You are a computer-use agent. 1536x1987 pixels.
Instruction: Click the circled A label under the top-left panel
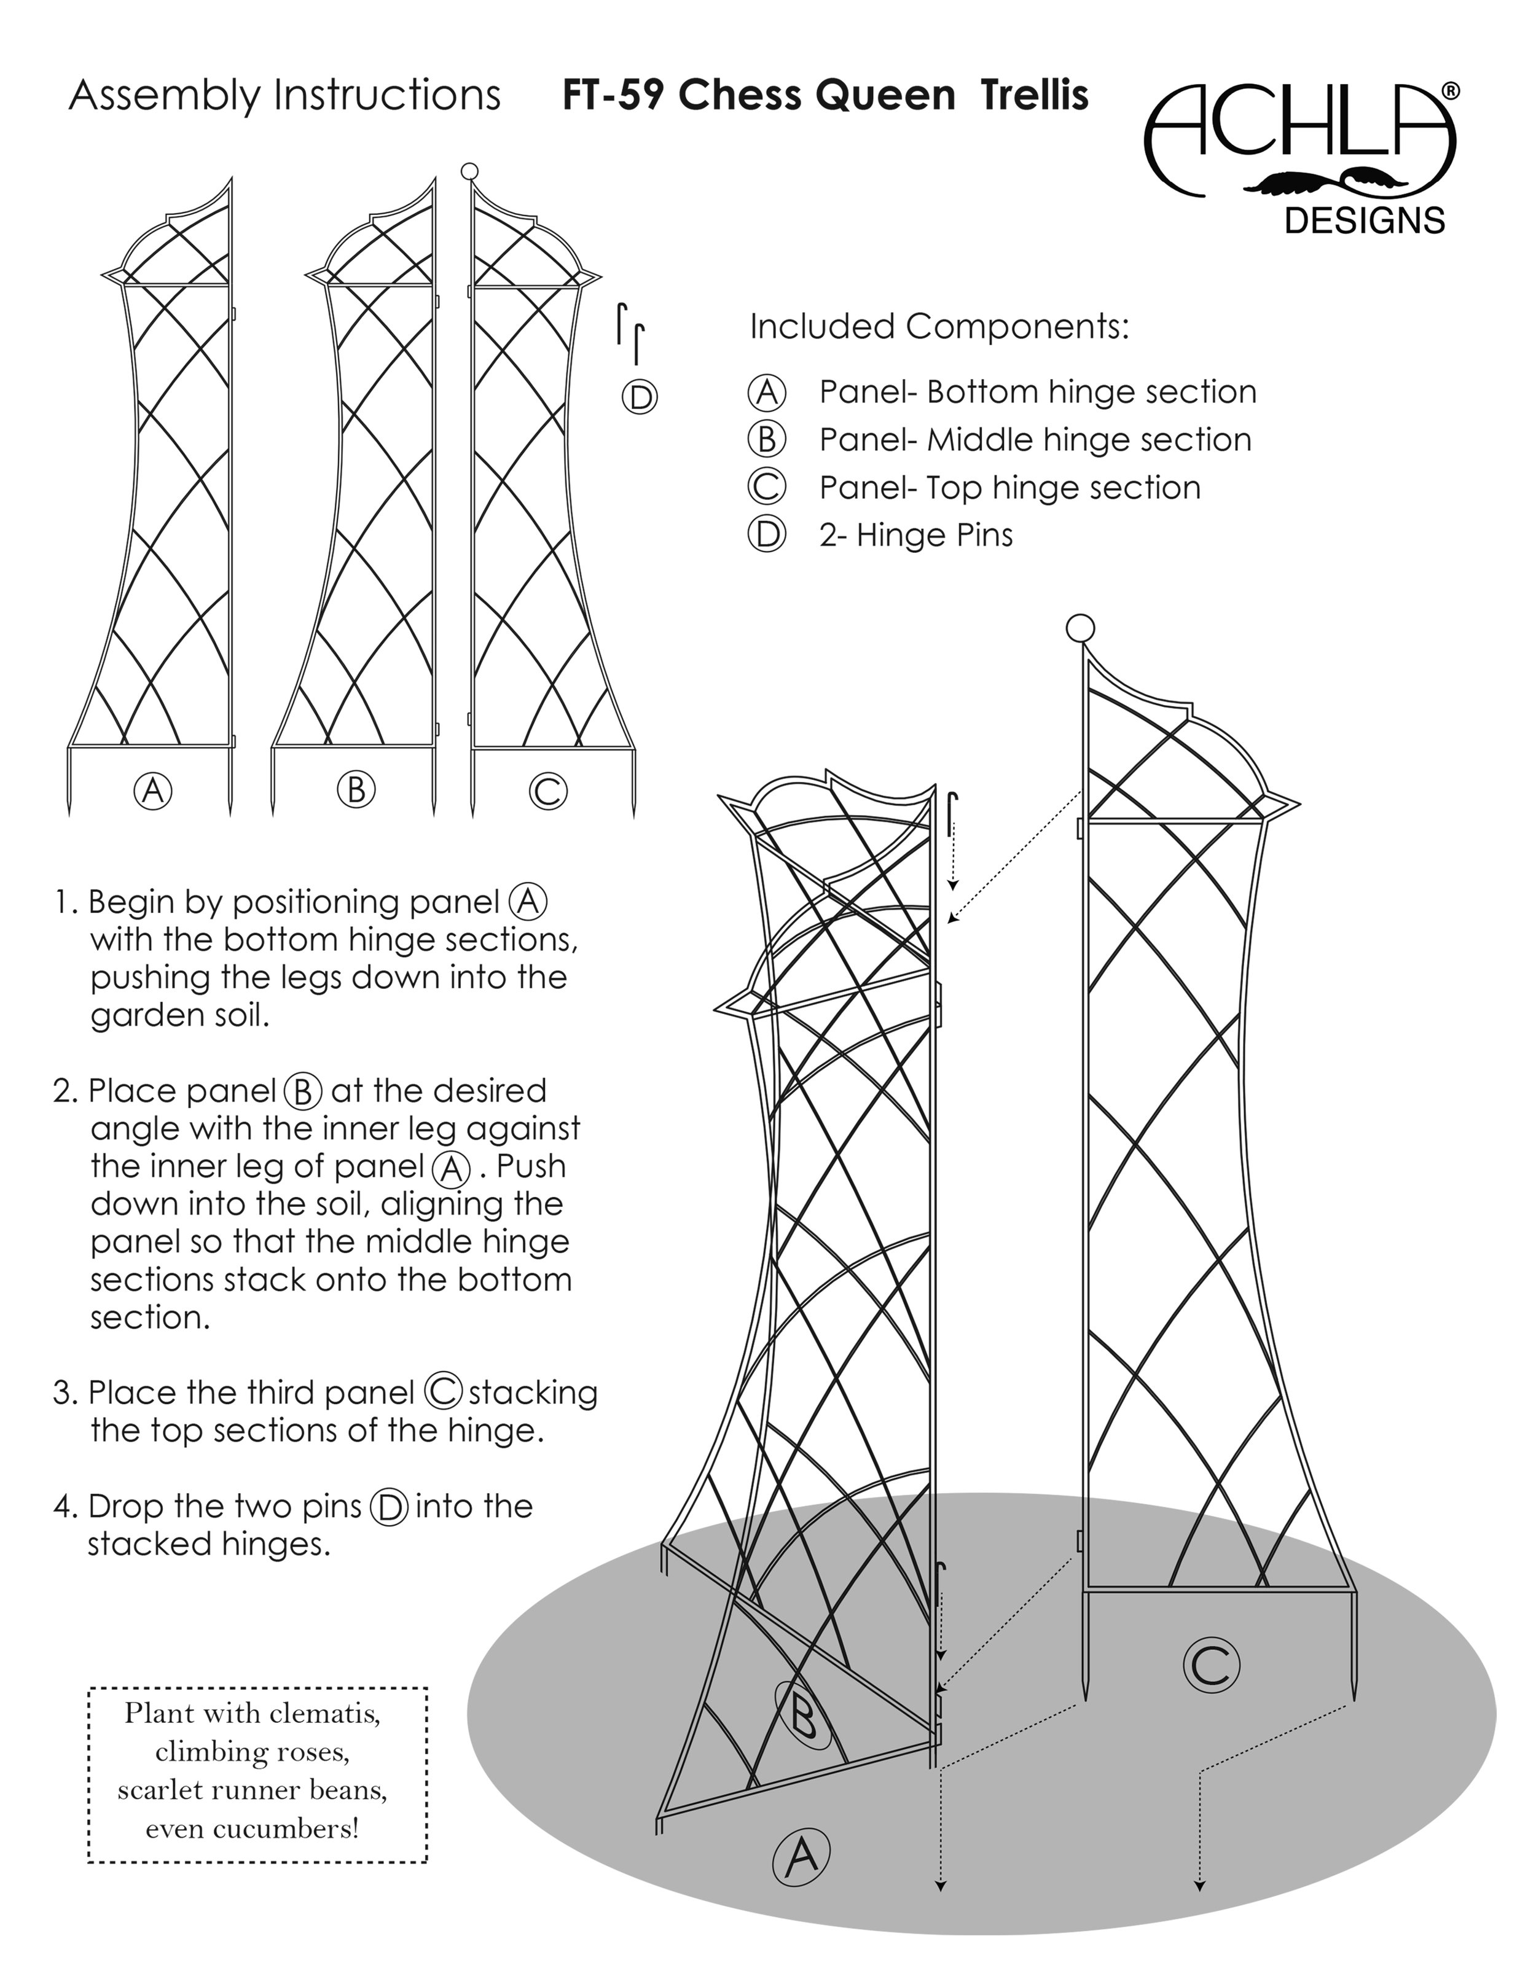coord(153,790)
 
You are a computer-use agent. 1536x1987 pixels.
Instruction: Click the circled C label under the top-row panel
coord(548,791)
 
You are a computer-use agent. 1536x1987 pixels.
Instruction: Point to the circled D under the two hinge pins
coord(640,397)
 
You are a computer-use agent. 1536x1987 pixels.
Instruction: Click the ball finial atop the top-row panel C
coord(469,170)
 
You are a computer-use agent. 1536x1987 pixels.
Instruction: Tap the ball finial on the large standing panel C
coord(1080,628)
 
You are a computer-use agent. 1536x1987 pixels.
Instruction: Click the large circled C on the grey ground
coord(1211,1665)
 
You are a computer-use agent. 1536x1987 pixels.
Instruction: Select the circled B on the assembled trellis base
coord(804,1714)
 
